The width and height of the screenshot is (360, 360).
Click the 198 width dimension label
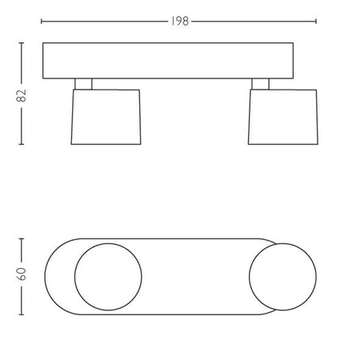point(179,22)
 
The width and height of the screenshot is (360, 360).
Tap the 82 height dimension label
point(22,94)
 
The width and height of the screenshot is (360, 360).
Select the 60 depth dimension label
point(22,274)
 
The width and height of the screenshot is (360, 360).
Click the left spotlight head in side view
point(106,117)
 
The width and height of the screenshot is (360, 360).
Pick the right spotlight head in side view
point(282,117)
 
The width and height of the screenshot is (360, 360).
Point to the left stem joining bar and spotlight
point(83,82)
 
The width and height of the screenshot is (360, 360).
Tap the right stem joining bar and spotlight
point(261,82)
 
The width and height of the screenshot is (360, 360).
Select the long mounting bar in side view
point(179,61)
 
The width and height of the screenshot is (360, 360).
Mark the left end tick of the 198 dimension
point(42,22)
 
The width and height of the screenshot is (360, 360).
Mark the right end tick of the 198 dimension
point(317,22)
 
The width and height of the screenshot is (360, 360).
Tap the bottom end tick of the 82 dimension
point(22,145)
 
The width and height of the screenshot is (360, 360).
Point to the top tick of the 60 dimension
point(22,238)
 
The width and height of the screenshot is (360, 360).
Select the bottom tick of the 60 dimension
point(22,314)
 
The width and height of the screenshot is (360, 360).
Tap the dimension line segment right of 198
point(254,22)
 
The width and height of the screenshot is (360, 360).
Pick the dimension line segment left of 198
point(104,22)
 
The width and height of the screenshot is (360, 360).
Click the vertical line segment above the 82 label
point(22,64)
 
